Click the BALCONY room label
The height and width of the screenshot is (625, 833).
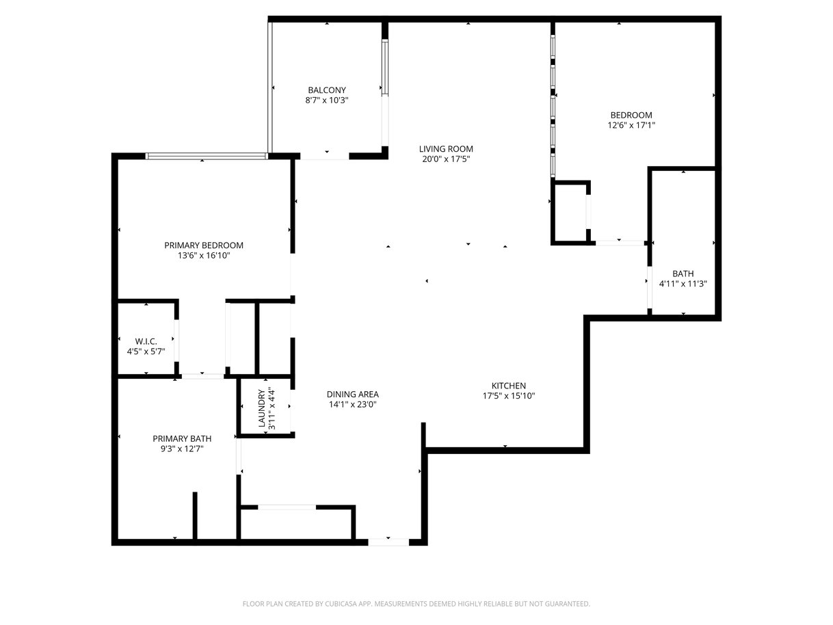327,90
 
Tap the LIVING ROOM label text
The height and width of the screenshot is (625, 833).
446,149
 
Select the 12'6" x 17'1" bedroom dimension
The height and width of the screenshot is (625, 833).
631,125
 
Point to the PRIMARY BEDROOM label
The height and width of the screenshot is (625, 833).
204,245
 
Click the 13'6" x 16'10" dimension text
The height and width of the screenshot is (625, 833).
204,255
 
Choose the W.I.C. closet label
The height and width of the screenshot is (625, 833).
146,341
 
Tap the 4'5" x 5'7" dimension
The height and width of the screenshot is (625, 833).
146,351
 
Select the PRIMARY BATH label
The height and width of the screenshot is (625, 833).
182,439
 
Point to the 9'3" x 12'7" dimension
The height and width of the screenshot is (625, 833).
182,449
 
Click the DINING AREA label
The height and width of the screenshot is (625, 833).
352,395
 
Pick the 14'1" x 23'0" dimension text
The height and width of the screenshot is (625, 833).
352,405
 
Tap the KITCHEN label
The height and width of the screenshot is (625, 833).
509,386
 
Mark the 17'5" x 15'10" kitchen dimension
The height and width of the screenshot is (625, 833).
509,396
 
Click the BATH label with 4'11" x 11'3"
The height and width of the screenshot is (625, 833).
683,274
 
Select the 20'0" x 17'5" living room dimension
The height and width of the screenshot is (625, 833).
446,159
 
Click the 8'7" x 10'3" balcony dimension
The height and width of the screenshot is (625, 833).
327,101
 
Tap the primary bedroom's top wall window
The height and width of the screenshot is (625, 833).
207,156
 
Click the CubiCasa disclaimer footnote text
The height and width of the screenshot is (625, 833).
416,604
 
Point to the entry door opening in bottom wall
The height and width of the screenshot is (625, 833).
388,542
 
